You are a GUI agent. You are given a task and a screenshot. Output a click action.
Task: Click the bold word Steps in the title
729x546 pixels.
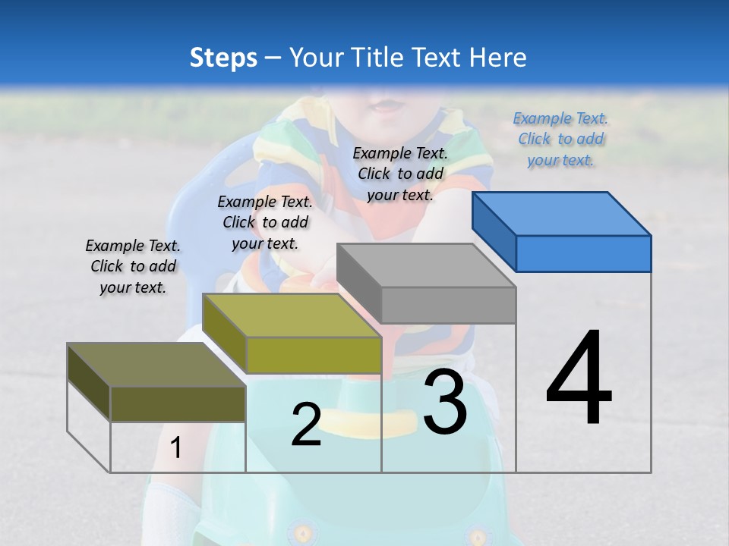(x=223, y=58)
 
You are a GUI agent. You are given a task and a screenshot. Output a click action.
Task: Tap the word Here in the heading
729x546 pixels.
(x=497, y=58)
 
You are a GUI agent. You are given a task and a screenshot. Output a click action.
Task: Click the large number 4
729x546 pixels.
(x=579, y=379)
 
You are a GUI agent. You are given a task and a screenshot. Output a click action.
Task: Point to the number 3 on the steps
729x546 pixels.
(x=445, y=402)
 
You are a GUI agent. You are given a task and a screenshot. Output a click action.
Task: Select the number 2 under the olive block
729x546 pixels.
(x=306, y=425)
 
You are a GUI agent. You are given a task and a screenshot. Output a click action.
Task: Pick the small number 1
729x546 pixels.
(x=175, y=448)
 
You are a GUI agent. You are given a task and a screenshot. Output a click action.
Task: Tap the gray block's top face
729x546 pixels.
(x=425, y=265)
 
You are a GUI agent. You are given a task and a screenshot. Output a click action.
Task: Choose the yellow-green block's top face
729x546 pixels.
(x=291, y=315)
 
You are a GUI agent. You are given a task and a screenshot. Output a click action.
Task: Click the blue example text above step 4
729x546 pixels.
(x=561, y=140)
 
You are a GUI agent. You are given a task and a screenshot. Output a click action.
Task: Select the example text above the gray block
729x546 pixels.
(x=400, y=174)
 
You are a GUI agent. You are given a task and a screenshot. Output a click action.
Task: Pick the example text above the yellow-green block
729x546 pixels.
(x=265, y=222)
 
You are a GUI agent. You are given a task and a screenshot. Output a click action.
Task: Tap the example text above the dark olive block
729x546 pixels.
(x=133, y=266)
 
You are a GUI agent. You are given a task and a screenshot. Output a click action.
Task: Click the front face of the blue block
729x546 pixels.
(x=583, y=253)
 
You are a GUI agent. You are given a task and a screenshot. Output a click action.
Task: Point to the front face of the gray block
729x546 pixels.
(x=448, y=305)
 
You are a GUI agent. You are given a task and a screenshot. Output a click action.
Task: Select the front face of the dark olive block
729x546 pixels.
(x=178, y=403)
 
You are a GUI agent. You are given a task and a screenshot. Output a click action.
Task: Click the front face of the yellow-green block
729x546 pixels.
(x=313, y=355)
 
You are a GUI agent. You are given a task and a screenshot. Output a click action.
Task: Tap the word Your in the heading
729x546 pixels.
(x=315, y=58)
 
